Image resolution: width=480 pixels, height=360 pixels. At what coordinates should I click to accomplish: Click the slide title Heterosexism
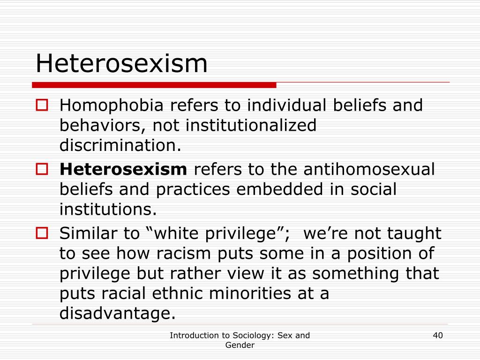(x=121, y=63)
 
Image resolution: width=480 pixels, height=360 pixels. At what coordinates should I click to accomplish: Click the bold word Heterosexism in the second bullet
(x=123, y=169)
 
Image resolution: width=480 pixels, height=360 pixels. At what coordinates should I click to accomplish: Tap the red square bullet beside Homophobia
(x=42, y=105)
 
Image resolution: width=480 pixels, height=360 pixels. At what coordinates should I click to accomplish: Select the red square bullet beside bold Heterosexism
(x=42, y=169)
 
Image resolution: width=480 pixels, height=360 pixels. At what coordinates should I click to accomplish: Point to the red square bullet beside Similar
(x=42, y=233)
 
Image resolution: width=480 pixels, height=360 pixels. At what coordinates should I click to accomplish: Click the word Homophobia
(x=112, y=105)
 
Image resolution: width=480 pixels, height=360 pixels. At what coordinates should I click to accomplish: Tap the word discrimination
(x=120, y=145)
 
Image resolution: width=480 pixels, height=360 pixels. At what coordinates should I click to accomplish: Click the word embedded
(x=279, y=189)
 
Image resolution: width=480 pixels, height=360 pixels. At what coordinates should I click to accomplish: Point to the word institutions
(x=108, y=209)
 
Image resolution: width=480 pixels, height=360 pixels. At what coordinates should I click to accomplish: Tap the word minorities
(x=250, y=293)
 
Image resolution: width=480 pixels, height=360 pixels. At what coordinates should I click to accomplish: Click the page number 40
(x=438, y=336)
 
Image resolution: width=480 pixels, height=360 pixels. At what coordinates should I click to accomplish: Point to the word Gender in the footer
(x=240, y=345)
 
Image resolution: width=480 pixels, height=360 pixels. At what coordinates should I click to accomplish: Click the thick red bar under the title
(x=154, y=85)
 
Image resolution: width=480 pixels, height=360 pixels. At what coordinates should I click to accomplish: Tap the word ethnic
(x=177, y=293)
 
